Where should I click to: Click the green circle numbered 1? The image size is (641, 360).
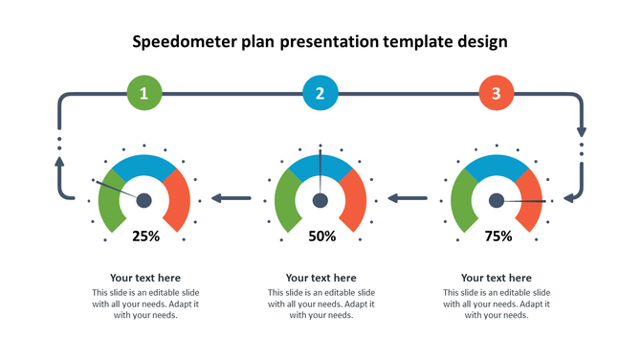pos(144,93)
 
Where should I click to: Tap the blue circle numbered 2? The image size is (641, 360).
pos(320,93)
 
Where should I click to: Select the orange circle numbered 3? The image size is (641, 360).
pos(496,93)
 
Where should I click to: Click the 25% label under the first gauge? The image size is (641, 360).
pos(145,236)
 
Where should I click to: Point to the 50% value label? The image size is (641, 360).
pos(321,236)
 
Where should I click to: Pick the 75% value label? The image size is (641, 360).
pos(497,236)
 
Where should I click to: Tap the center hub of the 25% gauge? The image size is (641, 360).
pos(144,200)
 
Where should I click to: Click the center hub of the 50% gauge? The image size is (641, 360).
pos(320,200)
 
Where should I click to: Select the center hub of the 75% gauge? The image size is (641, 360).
pos(497,200)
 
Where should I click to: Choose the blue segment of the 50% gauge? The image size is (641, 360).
pos(320,165)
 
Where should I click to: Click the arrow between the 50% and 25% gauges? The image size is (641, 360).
pos(231,199)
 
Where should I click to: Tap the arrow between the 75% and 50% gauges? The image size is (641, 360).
pos(407,199)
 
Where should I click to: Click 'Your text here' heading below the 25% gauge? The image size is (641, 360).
pos(145,278)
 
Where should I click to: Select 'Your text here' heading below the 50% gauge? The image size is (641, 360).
pos(321,278)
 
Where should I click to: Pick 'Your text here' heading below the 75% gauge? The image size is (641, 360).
pos(497,278)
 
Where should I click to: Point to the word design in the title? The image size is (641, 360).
pos(481,42)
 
